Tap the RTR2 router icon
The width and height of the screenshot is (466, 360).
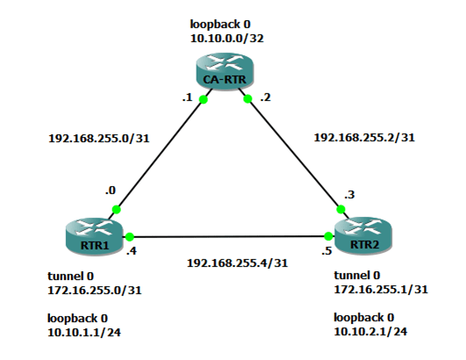point(362,235)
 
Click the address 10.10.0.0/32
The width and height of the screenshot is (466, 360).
point(226,40)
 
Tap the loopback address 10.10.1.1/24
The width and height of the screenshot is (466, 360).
point(85,331)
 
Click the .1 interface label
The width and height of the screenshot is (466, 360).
point(186,97)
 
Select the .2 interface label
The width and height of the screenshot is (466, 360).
point(265,97)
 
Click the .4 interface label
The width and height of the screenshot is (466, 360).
point(132,252)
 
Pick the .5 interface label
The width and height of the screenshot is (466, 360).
point(326,251)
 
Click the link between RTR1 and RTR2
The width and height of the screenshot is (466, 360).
point(228,236)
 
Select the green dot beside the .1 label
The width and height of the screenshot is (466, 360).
point(203,99)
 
